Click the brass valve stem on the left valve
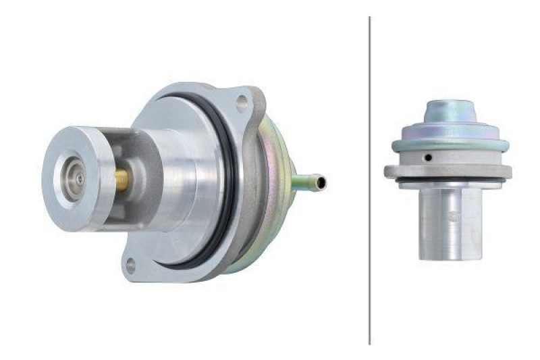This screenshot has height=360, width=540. tap(122, 179)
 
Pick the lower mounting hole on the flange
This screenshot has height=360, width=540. tap(130, 264)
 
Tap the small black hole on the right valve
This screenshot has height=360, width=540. tap(427, 158)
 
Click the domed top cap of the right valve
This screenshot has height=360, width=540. tap(450, 111)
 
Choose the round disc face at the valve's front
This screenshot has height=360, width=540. tap(67, 178)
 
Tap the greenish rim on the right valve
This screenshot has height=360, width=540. tap(450, 144)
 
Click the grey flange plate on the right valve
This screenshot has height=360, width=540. tap(448, 171)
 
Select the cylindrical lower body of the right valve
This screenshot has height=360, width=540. tap(448, 223)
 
